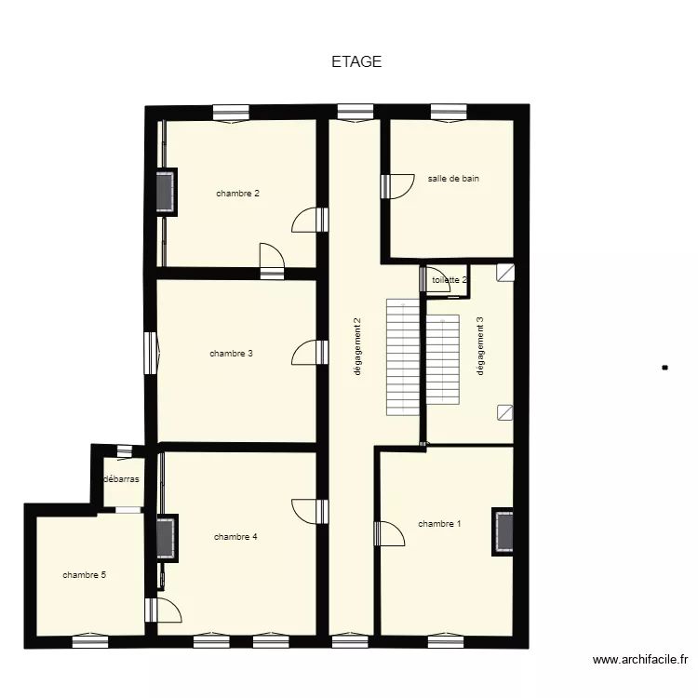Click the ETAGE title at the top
pos(356,62)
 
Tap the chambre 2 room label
pos(237,194)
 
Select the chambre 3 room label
pos(231,354)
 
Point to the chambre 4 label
pos(235,537)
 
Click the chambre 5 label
pos(84,575)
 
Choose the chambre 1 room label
pos(439,524)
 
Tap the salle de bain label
pos(453,179)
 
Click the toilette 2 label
pos(450,279)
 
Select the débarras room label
pos(121,479)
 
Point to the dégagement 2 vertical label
pos(357,347)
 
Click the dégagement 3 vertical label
pos(480,347)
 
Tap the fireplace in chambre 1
pos(503,532)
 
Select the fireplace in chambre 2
pos(167,193)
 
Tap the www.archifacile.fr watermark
pos(640,660)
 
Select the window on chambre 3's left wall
pos(150,354)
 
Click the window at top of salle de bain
pos(450,112)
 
